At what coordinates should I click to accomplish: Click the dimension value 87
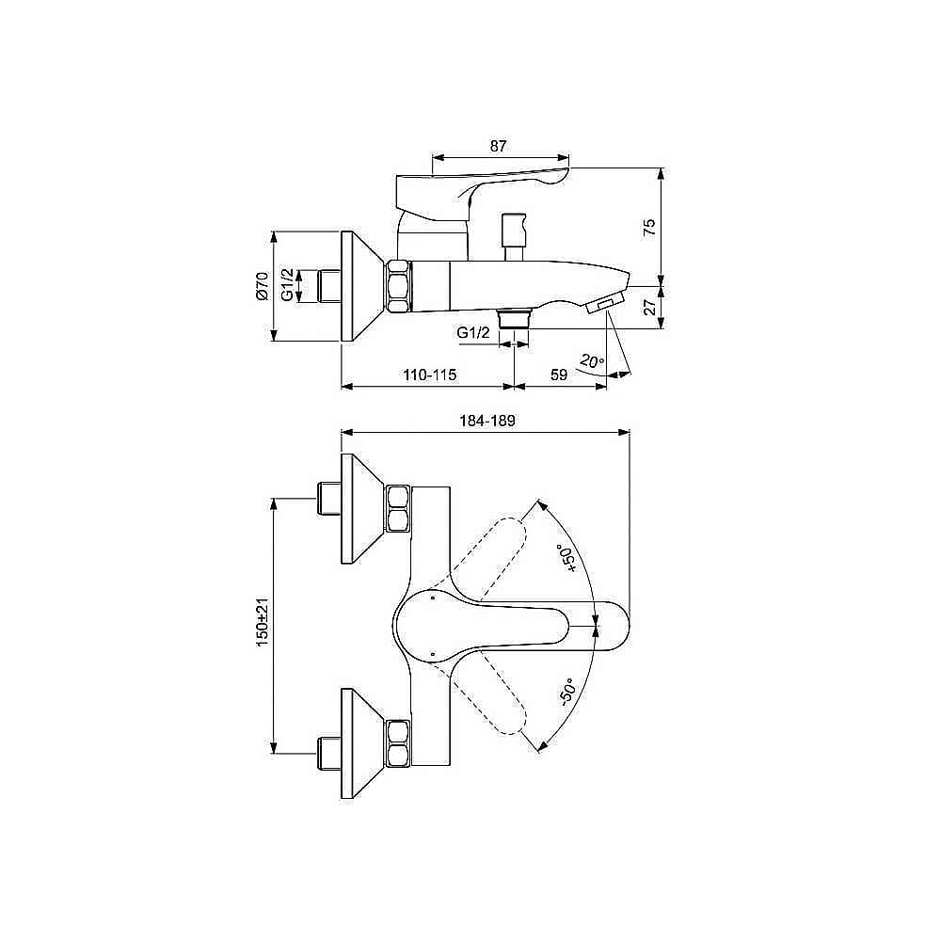tap(499, 146)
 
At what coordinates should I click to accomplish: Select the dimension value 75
tap(649, 227)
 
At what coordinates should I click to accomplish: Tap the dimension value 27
tap(649, 306)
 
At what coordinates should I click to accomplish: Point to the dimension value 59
tap(558, 375)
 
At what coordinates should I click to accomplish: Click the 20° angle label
tap(591, 360)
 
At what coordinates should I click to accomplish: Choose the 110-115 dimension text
tap(430, 375)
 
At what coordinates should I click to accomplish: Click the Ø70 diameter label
tap(263, 285)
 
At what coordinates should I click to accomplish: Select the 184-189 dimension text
tap(486, 423)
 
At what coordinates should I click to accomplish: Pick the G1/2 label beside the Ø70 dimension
tap(288, 285)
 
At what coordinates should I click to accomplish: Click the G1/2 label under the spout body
tap(472, 333)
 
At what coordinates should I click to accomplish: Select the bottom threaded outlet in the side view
tap(514, 317)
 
